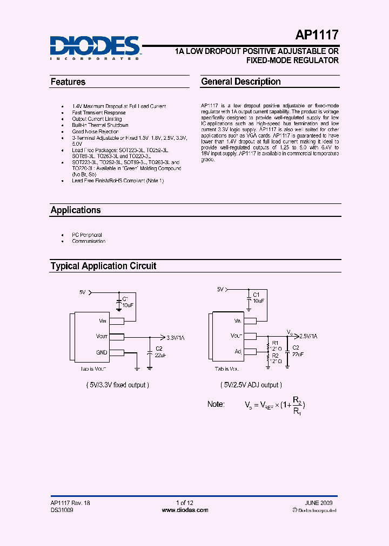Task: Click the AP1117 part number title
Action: point(317,36)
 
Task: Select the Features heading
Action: point(68,82)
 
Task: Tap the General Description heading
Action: point(241,82)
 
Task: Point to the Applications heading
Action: point(76,210)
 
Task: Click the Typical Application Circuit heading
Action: point(103,266)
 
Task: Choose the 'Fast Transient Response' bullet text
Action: point(99,113)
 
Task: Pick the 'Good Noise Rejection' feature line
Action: point(95,132)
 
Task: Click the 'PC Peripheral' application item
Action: point(87,235)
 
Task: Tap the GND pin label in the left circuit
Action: point(102,352)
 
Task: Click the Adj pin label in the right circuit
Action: point(238,351)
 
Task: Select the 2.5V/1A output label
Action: point(308,336)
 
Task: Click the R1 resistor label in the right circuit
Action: point(275,343)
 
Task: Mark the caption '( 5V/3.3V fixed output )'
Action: point(117,385)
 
